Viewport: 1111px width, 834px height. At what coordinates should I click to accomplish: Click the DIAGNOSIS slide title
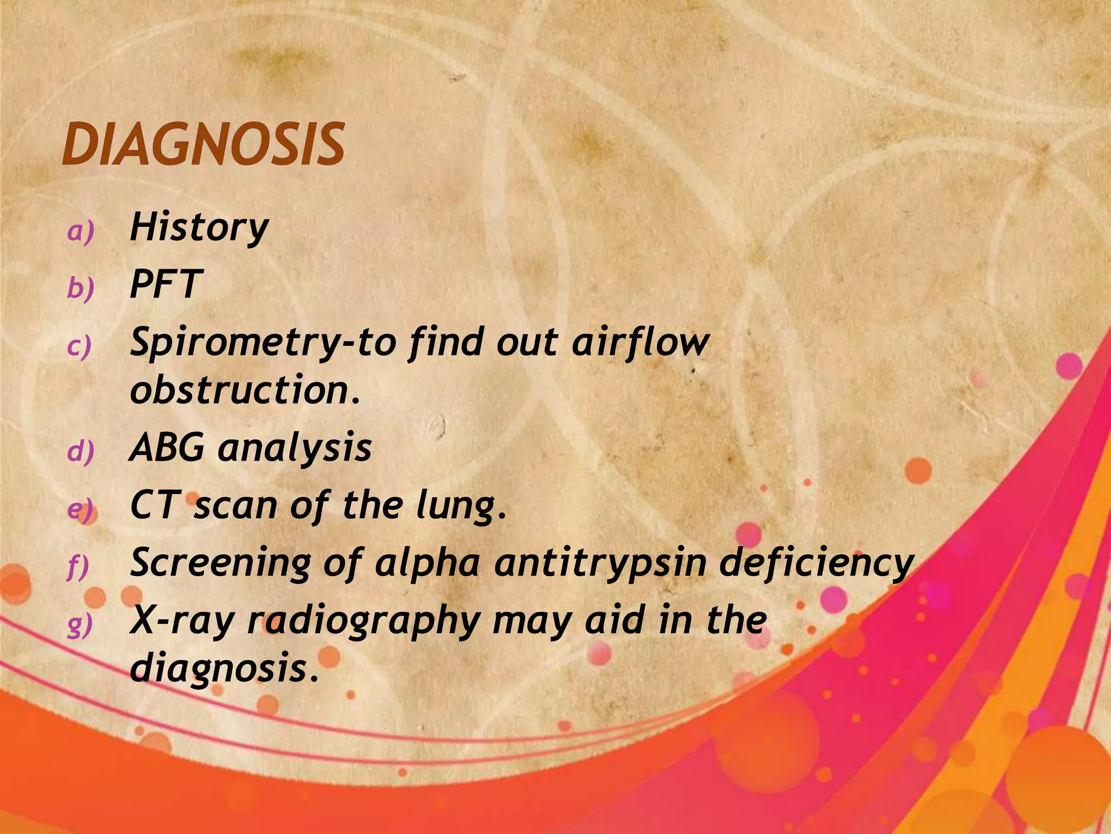[x=203, y=144]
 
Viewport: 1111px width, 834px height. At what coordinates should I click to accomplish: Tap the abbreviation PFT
[x=166, y=284]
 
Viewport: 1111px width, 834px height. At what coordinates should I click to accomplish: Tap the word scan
[x=235, y=505]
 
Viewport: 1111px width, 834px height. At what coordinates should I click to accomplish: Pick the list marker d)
[x=80, y=452]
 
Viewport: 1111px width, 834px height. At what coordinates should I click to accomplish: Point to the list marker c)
[x=79, y=346]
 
